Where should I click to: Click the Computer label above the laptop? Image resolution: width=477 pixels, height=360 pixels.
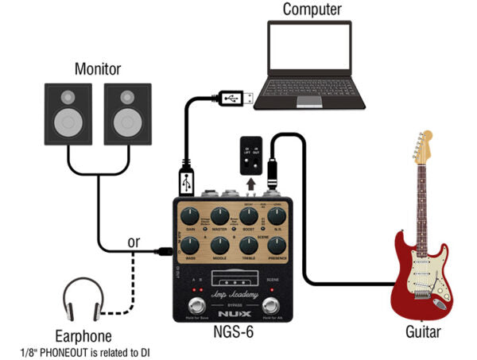point(312,10)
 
